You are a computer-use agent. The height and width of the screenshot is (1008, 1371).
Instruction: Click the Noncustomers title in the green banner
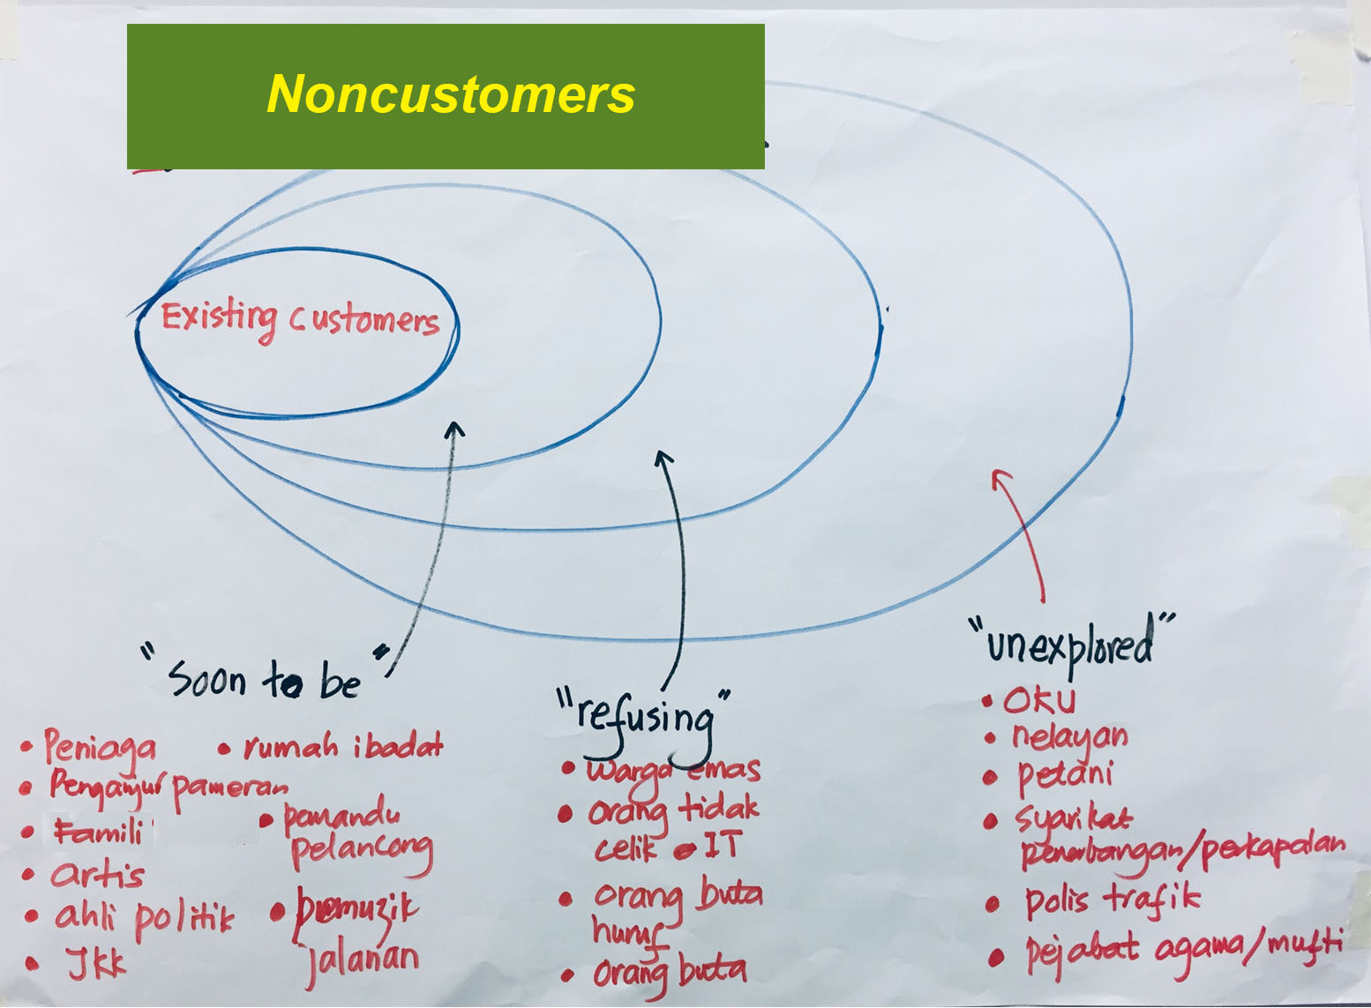[x=451, y=94]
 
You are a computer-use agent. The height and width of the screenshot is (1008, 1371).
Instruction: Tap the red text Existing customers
[x=300, y=319]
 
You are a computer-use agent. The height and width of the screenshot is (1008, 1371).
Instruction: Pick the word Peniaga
[x=101, y=748]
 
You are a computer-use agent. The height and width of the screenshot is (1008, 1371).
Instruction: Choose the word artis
[x=97, y=875]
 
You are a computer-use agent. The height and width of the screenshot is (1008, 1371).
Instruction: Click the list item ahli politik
[x=144, y=919]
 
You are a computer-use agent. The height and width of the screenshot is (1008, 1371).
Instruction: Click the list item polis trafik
[x=1112, y=900]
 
